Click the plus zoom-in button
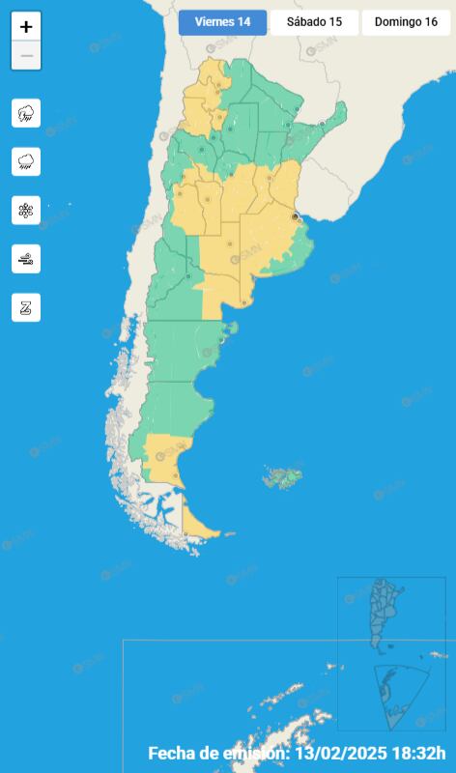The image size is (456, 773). [26, 27]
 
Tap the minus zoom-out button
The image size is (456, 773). [26, 56]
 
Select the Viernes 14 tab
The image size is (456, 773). [222, 22]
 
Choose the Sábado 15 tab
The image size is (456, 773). [314, 22]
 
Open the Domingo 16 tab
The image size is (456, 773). [406, 22]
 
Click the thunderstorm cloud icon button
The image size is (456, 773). [26, 113]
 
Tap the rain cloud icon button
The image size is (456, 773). [26, 161]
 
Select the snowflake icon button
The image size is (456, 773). [26, 210]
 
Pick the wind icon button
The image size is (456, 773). [26, 258]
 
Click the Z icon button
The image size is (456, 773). [26, 307]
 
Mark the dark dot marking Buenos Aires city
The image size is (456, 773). [295, 217]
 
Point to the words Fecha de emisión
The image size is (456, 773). [217, 753]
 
